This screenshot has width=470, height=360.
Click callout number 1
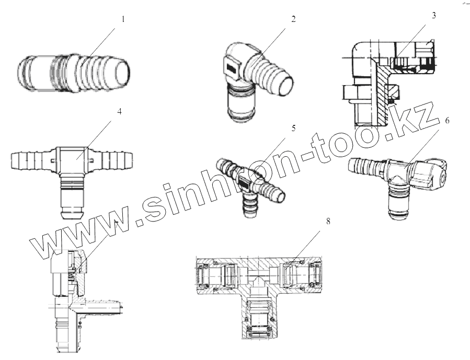click(x=123, y=19)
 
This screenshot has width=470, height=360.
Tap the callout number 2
click(x=293, y=19)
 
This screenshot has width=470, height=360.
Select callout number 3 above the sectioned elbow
click(x=433, y=15)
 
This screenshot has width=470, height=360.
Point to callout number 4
click(x=120, y=112)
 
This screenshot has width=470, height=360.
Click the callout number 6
click(x=448, y=120)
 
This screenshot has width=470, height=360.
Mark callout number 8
click(x=328, y=222)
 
